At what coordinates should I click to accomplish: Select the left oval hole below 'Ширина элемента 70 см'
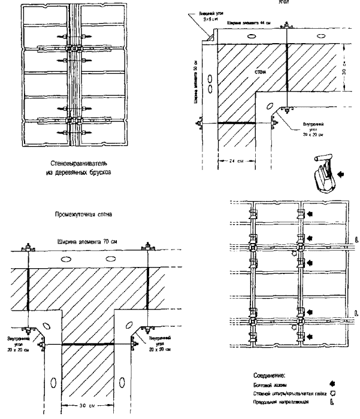pyautogui.click(x=68, y=260)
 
